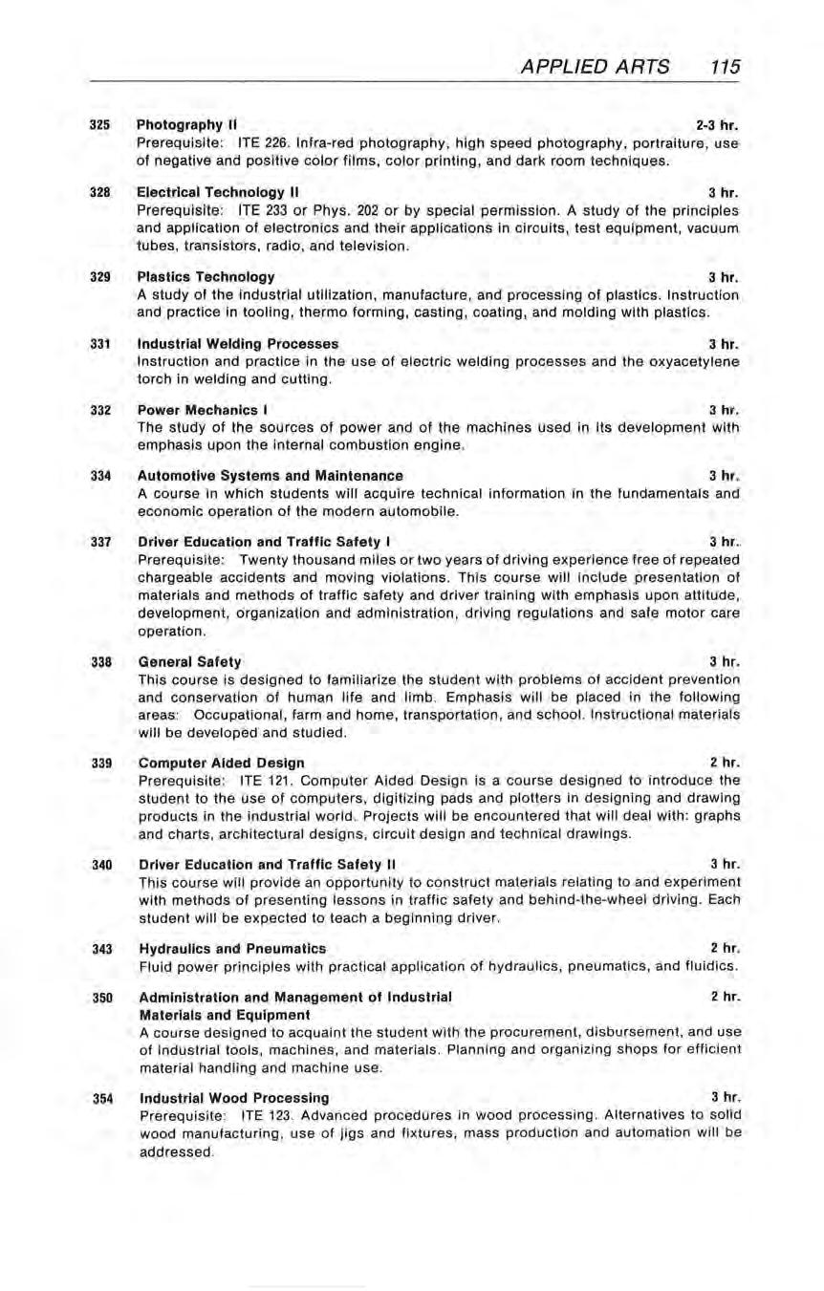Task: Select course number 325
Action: [x=98, y=125]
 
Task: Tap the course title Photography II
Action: [x=186, y=125]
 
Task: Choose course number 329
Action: [x=98, y=277]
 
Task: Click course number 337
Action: [x=98, y=542]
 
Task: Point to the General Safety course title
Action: [x=190, y=661]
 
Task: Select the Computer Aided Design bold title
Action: [x=222, y=763]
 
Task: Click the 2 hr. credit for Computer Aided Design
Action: [x=726, y=763]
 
